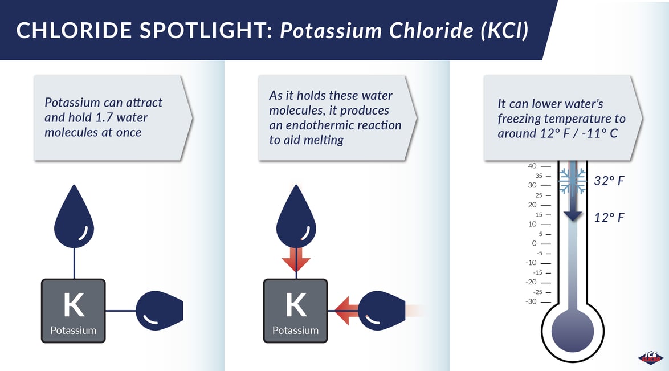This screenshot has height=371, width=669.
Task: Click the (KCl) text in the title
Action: click(x=504, y=31)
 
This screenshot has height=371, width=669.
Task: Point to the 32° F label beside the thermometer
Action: click(x=609, y=181)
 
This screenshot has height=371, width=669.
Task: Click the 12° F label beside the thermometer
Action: click(x=609, y=218)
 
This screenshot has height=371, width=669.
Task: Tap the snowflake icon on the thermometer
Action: click(x=573, y=181)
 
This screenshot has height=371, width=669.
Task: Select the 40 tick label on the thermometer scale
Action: click(x=532, y=166)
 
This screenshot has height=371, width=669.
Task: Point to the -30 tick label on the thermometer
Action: click(x=531, y=301)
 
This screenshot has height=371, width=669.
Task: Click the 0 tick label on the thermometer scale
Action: click(x=534, y=243)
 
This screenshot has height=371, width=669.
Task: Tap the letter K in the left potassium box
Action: click(x=74, y=305)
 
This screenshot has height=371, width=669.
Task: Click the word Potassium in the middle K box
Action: click(x=295, y=331)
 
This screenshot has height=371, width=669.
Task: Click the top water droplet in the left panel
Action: click(x=74, y=218)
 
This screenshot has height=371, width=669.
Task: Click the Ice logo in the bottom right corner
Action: click(x=650, y=357)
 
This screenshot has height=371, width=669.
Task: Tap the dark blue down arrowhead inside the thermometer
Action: click(x=573, y=216)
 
